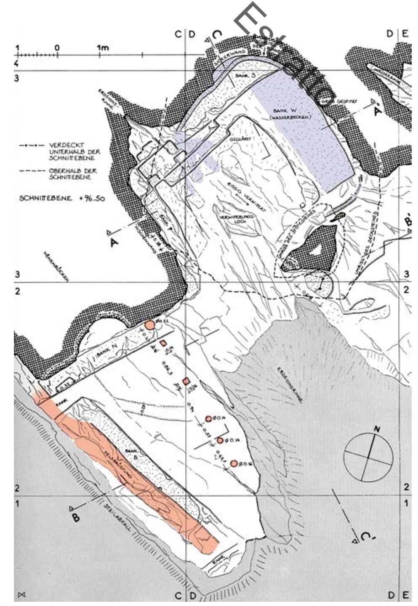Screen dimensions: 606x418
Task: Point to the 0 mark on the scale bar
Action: point(57,48)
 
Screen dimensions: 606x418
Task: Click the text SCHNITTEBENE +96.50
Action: point(62,198)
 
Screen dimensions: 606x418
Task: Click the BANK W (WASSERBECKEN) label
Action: point(292,114)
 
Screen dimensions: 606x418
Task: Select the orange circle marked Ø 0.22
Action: point(149,325)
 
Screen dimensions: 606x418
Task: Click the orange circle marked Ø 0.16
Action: point(234,464)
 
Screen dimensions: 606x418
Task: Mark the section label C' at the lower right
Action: point(366,537)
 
